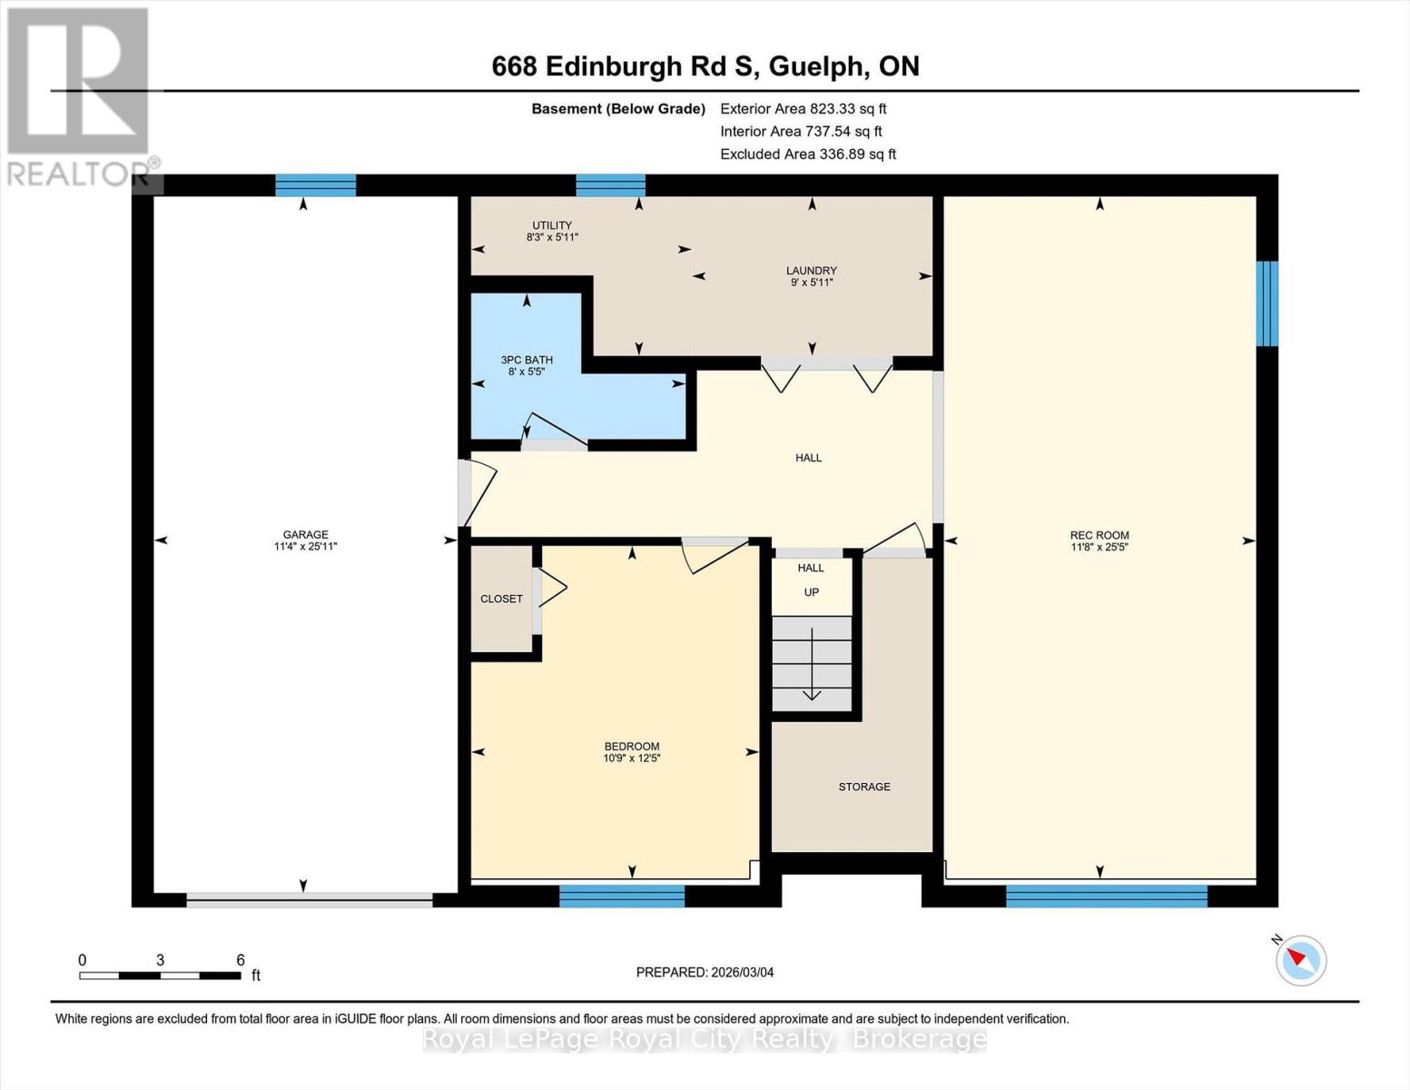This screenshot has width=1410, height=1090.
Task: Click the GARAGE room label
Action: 305,535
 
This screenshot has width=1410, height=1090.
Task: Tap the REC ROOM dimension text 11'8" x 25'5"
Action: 1099,548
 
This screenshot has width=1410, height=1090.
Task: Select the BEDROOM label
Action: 631,747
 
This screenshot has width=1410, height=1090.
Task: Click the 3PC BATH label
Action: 527,360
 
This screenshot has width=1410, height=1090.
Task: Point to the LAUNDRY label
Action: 811,271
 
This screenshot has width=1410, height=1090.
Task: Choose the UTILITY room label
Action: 552,225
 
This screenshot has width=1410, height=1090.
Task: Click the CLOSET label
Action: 501,599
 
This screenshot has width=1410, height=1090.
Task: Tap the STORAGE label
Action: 863,787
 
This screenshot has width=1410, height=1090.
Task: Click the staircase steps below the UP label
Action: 812,663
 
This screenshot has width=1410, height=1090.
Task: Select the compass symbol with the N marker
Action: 1300,959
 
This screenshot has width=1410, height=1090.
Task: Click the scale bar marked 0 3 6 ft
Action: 160,976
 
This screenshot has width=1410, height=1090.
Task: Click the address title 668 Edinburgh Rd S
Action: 705,66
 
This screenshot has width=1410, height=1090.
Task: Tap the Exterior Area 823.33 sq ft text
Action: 803,108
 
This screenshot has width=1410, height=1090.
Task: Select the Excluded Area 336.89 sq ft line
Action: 807,154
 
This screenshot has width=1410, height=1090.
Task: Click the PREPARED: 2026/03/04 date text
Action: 705,972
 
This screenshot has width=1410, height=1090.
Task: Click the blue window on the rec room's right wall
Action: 1267,303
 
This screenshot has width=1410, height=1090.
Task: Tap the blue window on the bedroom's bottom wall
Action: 621,896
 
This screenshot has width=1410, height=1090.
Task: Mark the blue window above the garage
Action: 315,185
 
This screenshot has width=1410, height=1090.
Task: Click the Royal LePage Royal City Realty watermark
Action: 705,1039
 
